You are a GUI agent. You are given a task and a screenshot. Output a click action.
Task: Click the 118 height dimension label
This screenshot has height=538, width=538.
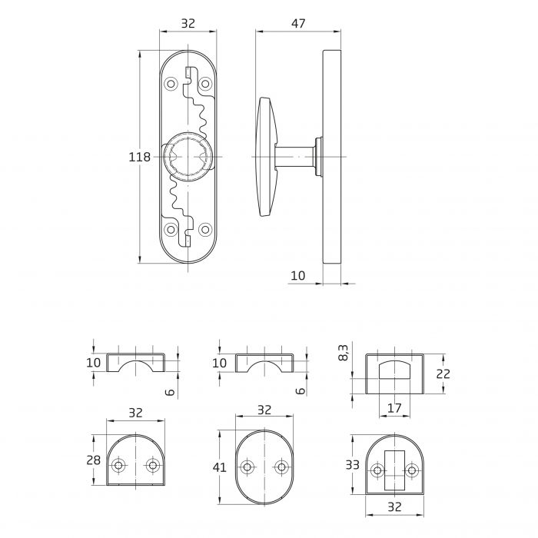140,157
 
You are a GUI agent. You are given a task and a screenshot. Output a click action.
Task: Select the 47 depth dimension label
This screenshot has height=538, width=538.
298,24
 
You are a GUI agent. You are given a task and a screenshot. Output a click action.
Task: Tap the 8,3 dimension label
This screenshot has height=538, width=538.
343,352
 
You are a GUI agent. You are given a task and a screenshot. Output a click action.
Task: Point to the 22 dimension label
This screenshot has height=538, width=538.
443,374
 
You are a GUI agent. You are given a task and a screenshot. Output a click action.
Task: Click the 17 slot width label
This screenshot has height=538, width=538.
394,408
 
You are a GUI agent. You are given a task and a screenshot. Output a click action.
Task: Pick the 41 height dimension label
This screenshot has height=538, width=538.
220,467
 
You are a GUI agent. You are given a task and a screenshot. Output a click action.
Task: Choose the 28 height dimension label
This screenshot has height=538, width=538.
93,460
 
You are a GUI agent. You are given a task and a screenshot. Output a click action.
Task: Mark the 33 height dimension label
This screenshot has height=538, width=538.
352,465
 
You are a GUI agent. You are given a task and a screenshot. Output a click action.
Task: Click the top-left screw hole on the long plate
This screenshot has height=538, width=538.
171,83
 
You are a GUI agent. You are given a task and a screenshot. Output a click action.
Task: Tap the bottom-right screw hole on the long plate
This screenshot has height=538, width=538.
205,230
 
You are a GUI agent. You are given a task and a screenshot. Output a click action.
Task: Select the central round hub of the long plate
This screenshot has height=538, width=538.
188,157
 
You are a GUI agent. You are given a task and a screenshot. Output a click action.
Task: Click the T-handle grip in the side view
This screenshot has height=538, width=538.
267,157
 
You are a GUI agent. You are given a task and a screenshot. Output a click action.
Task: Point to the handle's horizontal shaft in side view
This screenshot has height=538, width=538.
295,157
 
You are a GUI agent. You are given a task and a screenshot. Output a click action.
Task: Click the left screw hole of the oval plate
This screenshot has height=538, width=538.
247,467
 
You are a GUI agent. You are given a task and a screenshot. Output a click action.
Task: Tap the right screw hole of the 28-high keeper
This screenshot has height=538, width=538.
153,466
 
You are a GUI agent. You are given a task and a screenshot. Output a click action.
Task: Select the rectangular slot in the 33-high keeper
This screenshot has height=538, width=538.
394,470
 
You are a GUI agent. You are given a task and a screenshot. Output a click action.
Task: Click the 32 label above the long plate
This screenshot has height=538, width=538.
188,24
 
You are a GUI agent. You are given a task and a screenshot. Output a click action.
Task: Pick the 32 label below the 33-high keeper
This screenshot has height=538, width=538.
394,506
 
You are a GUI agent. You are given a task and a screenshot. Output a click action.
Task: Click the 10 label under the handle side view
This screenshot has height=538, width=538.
298,275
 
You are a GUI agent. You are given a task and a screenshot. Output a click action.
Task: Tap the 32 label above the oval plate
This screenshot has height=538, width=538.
264,410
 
